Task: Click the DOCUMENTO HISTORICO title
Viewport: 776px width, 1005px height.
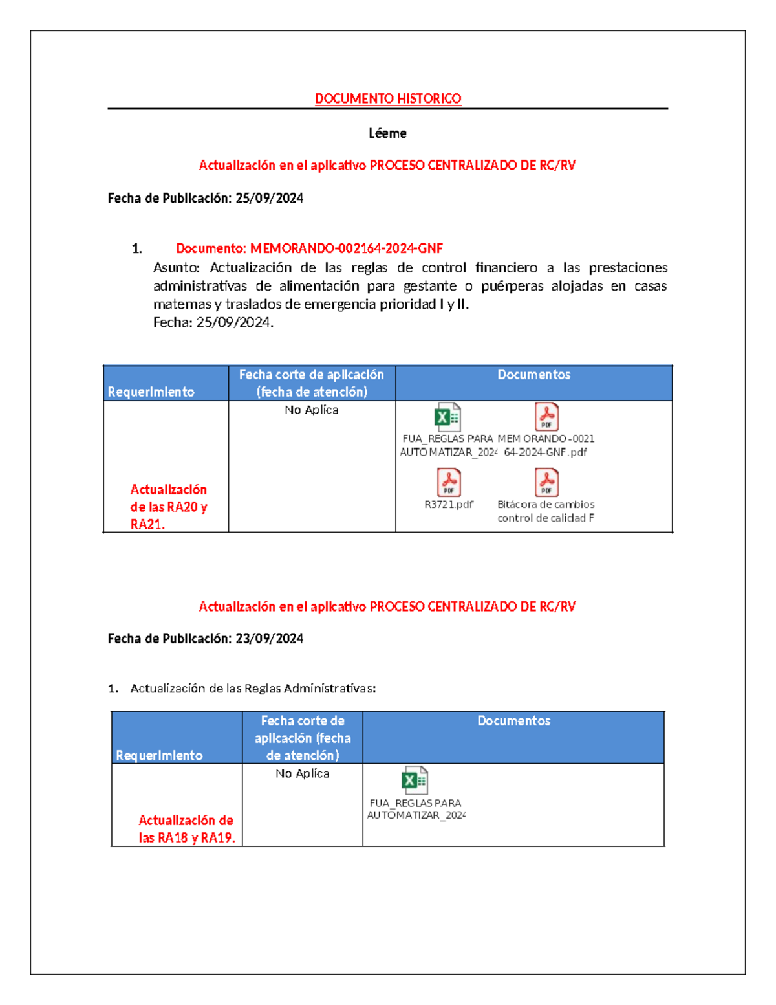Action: click(387, 98)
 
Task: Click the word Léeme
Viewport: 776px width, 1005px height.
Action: click(387, 133)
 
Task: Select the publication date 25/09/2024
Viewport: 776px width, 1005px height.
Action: click(269, 198)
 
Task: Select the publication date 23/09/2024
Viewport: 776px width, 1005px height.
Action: click(269, 639)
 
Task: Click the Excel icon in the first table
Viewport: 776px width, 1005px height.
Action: click(447, 417)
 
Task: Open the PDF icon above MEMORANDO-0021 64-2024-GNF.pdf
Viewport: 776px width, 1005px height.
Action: click(546, 417)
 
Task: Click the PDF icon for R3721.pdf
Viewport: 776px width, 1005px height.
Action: click(449, 482)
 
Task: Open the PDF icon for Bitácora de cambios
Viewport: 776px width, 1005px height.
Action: click(546, 482)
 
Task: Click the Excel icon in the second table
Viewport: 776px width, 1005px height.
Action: click(415, 780)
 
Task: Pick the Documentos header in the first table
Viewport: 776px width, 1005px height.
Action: click(533, 375)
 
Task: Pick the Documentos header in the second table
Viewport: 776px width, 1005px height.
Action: click(513, 721)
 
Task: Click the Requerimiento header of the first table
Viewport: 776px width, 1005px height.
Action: click(151, 392)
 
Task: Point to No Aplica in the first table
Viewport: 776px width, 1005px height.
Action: click(311, 410)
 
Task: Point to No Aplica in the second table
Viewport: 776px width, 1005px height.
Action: click(302, 773)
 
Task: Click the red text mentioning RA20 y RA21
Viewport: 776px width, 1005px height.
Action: click(168, 507)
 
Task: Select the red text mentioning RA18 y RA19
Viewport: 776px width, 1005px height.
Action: click(186, 829)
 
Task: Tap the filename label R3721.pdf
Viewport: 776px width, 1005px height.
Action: click(449, 504)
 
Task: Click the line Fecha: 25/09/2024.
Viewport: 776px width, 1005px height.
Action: click(213, 322)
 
